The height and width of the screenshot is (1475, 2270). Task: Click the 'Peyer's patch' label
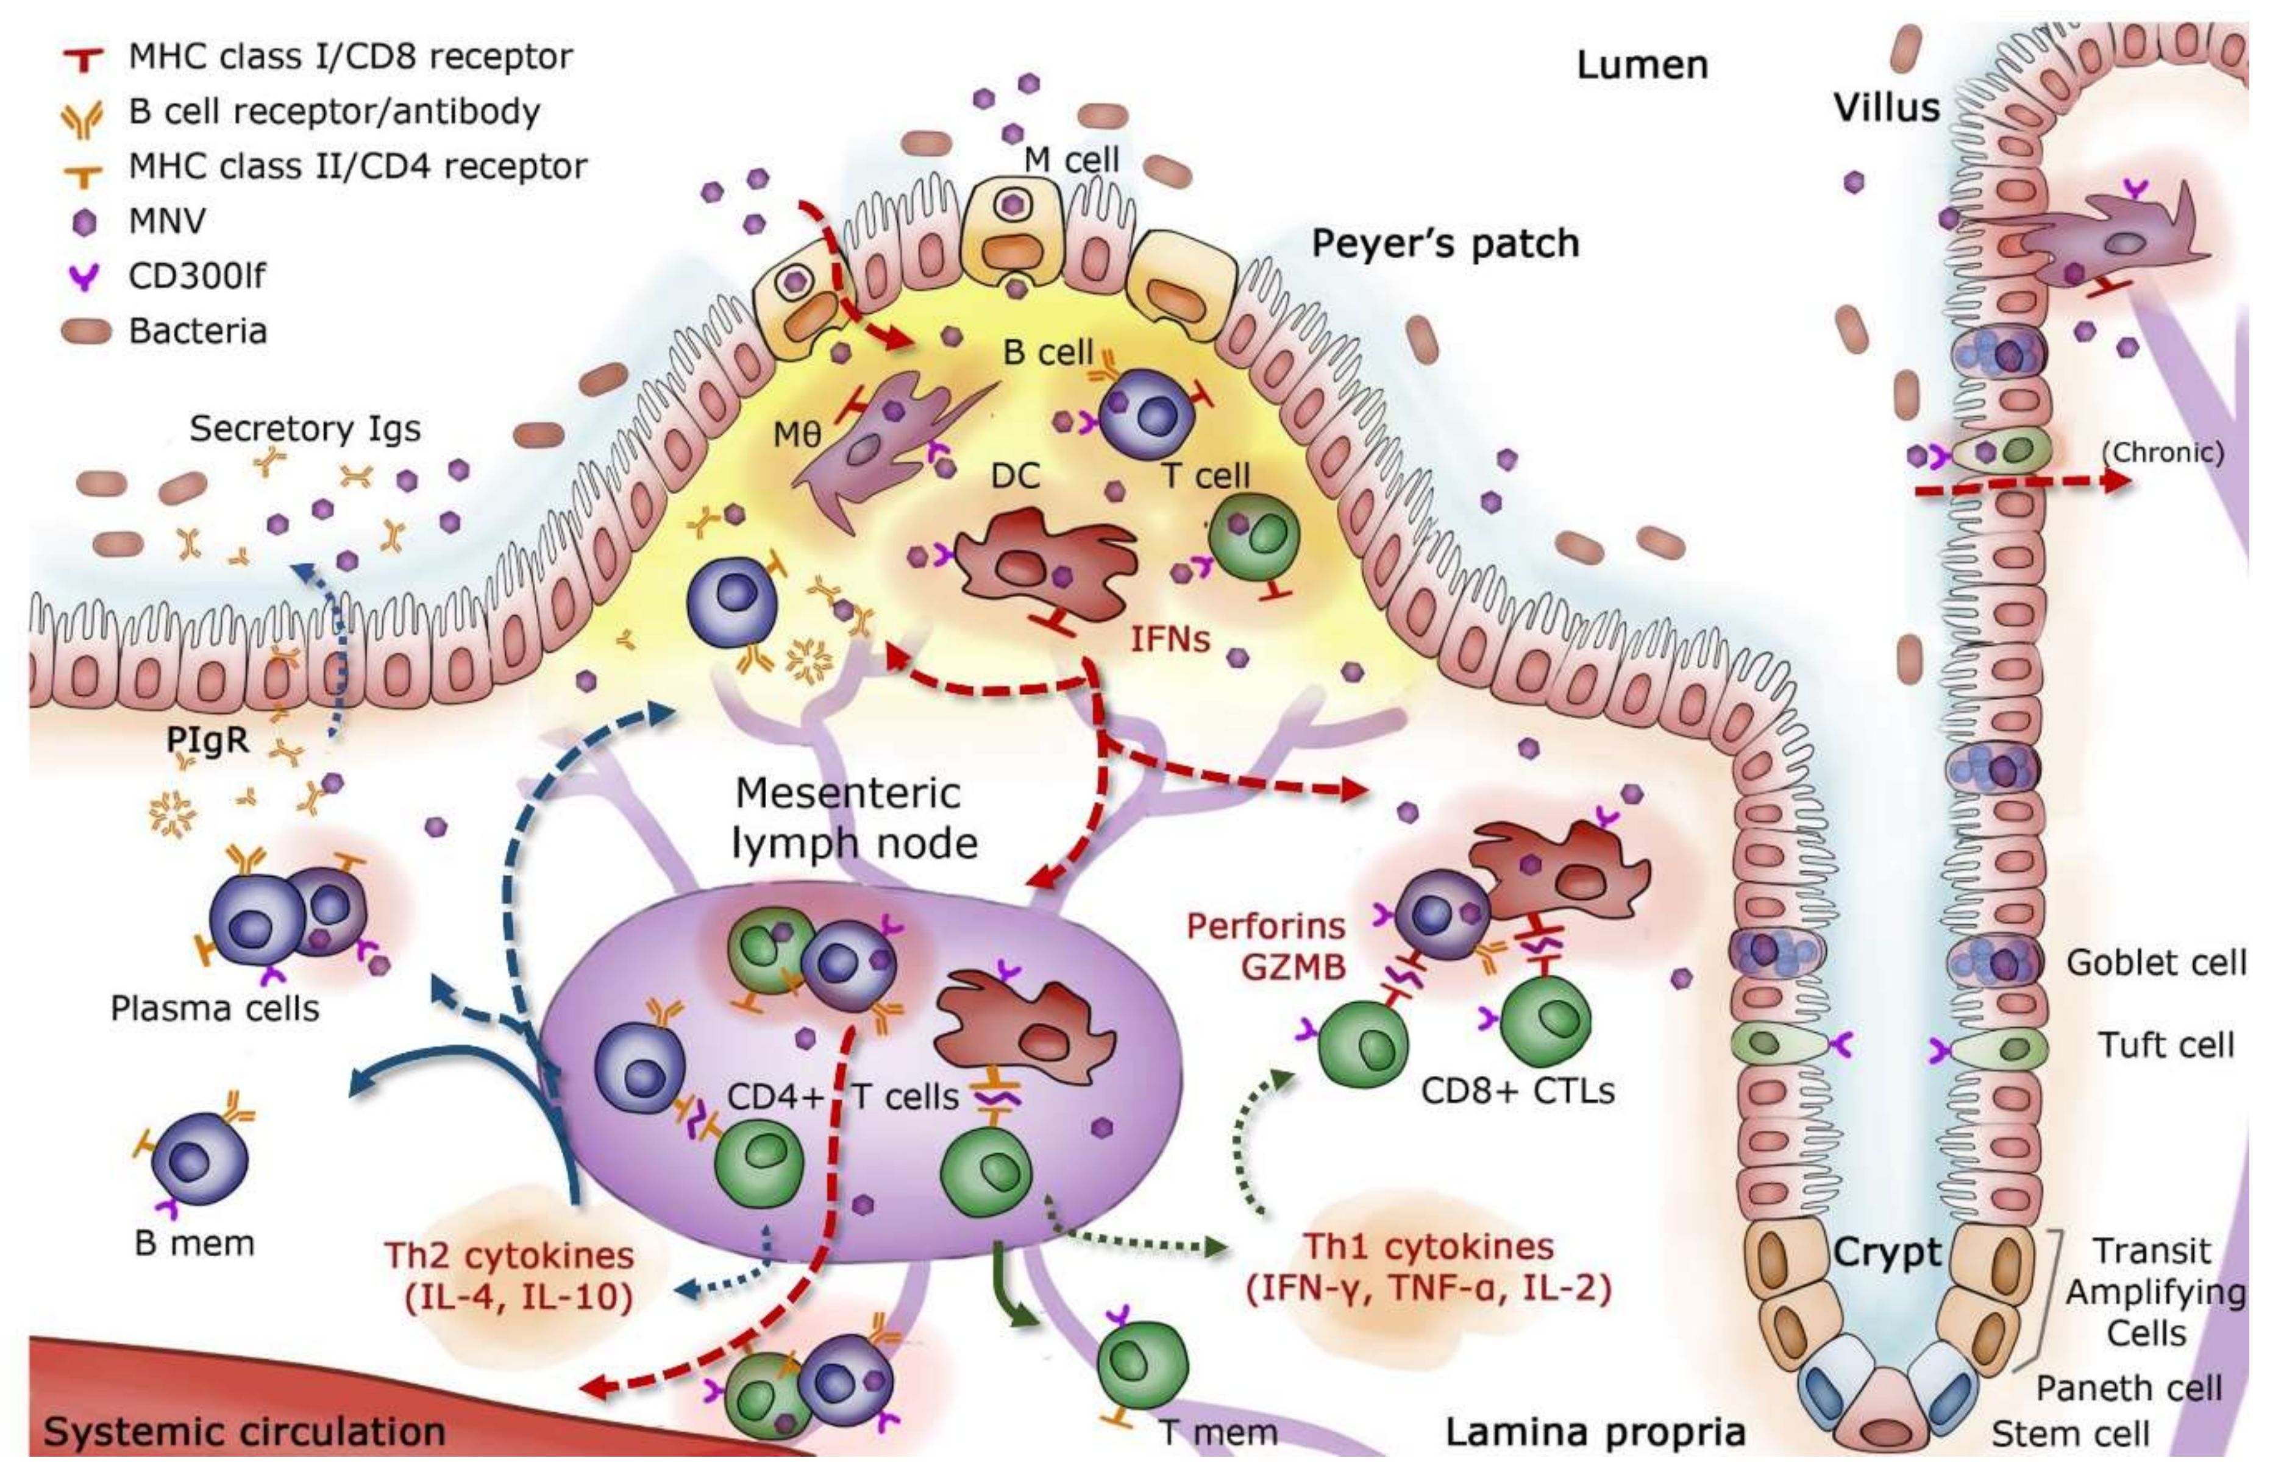tap(1445, 244)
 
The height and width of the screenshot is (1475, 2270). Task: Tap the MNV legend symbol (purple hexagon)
tap(85, 222)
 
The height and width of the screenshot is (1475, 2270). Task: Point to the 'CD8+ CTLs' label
tap(1517, 1090)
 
